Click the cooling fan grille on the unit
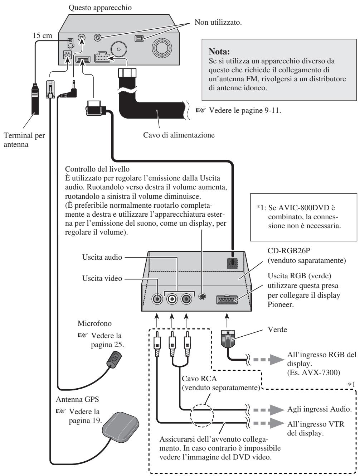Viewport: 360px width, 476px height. click(x=162, y=48)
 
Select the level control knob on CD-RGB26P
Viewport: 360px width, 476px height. click(x=202, y=297)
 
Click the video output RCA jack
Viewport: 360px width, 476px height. click(x=157, y=299)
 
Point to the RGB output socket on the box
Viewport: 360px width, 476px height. click(x=227, y=300)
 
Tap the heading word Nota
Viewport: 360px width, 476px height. click(x=219, y=52)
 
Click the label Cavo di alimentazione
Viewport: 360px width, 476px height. click(x=179, y=135)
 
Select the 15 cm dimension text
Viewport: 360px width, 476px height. click(x=43, y=35)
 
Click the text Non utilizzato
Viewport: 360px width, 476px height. click(x=218, y=22)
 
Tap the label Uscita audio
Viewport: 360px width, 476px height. click(x=102, y=257)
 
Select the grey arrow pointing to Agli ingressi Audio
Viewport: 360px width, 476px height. click(x=268, y=410)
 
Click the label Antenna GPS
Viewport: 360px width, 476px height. click(x=77, y=399)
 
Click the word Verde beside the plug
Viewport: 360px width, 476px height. click(x=277, y=330)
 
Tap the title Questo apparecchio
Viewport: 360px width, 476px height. click(x=100, y=8)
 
